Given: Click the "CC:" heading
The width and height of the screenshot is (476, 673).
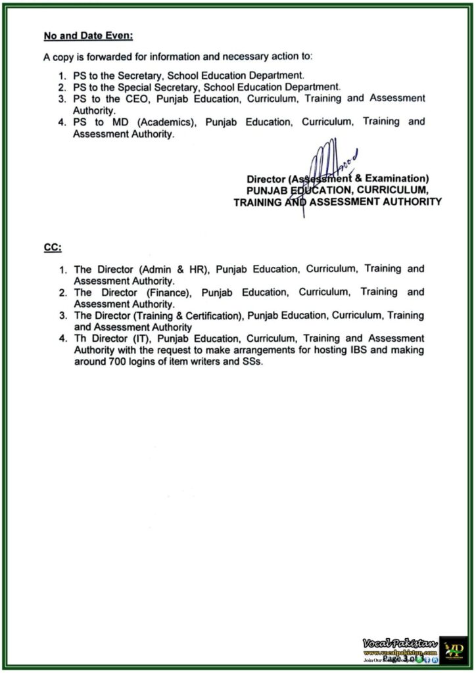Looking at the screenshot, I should (x=53, y=247).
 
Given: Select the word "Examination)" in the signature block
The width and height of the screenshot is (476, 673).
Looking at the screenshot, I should (x=400, y=179).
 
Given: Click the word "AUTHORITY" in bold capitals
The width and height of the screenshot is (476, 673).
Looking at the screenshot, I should (x=408, y=202).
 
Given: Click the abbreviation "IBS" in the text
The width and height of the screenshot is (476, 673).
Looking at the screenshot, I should (x=341, y=350).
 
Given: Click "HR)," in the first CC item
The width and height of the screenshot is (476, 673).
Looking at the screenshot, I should (x=198, y=269).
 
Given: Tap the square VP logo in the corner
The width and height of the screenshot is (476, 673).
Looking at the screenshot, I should (x=454, y=649).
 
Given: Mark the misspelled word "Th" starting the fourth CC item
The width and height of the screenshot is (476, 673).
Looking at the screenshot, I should (x=81, y=338).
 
